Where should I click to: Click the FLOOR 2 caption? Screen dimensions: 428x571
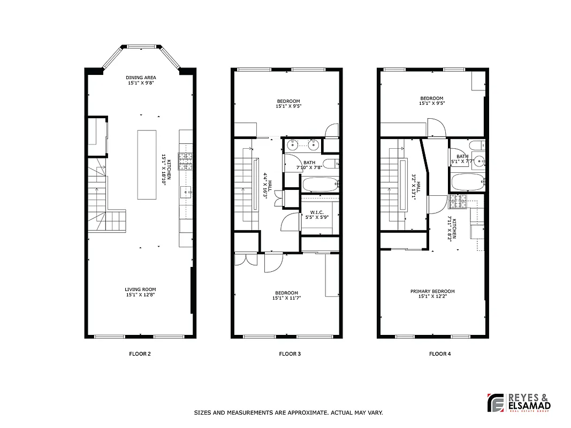coord(140,354)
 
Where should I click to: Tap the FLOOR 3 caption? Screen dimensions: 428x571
coord(290,354)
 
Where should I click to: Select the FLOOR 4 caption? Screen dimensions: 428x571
coord(440,354)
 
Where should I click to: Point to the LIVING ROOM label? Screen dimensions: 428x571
coord(141,289)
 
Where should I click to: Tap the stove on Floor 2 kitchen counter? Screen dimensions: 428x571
coord(186,158)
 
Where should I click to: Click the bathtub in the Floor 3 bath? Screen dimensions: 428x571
coord(320,185)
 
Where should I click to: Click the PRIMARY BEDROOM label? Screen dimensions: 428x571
coord(432,292)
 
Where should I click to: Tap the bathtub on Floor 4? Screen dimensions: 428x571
coord(468,181)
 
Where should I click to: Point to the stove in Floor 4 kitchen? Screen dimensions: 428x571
coord(458,201)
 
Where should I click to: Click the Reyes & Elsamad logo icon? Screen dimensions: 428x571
coord(496,403)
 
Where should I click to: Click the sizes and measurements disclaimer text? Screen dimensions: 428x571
coord(288,413)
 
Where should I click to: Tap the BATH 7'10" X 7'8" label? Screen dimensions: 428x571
coord(309,165)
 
